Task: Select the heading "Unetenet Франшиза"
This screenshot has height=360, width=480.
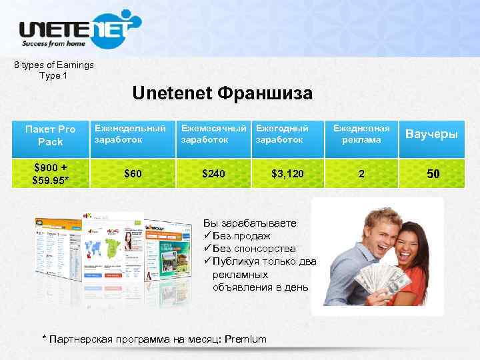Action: (222, 94)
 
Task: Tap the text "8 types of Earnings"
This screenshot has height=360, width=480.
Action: (54, 65)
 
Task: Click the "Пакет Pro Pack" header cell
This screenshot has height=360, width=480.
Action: (50, 135)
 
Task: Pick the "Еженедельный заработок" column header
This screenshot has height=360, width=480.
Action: (130, 133)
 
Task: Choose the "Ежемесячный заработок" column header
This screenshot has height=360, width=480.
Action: (214, 133)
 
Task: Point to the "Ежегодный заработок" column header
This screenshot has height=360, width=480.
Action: (283, 133)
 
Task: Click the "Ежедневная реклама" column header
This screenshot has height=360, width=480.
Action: (361, 134)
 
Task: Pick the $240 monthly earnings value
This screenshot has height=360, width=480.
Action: (214, 174)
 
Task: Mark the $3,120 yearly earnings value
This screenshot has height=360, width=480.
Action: (287, 174)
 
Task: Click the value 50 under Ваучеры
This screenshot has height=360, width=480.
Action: (433, 174)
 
